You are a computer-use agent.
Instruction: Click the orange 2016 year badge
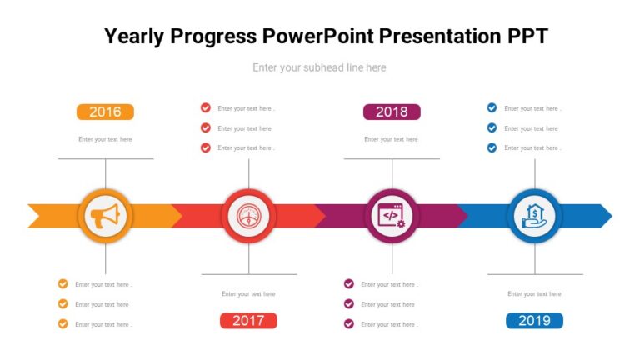[105, 112]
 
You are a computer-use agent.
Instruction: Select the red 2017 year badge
[248, 321]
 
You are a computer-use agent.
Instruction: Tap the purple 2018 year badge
[392, 112]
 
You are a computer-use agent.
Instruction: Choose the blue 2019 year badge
[534, 321]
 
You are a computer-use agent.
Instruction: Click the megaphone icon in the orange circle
[105, 216]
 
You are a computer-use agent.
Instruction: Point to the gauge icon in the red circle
[248, 216]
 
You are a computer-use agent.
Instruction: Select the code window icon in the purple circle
[392, 216]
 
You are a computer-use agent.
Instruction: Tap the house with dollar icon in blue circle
[534, 216]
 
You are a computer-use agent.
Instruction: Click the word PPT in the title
[527, 37]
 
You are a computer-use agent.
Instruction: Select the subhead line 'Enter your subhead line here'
[319, 67]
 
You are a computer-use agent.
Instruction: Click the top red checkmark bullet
[206, 107]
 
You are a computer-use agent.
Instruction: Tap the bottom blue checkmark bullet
[492, 147]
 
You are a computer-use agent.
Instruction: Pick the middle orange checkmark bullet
[62, 304]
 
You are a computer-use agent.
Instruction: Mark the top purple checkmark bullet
[349, 284]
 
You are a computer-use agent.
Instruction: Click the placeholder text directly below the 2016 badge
[105, 139]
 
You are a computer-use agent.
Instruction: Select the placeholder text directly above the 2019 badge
[534, 293]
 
